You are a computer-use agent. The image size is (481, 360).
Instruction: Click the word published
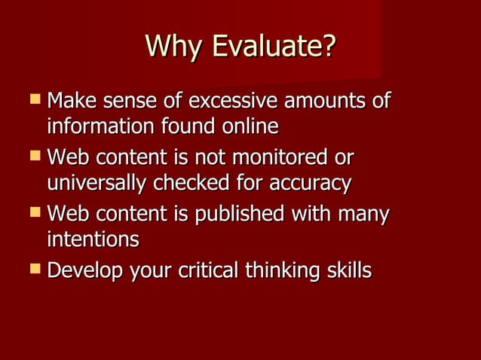238,215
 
